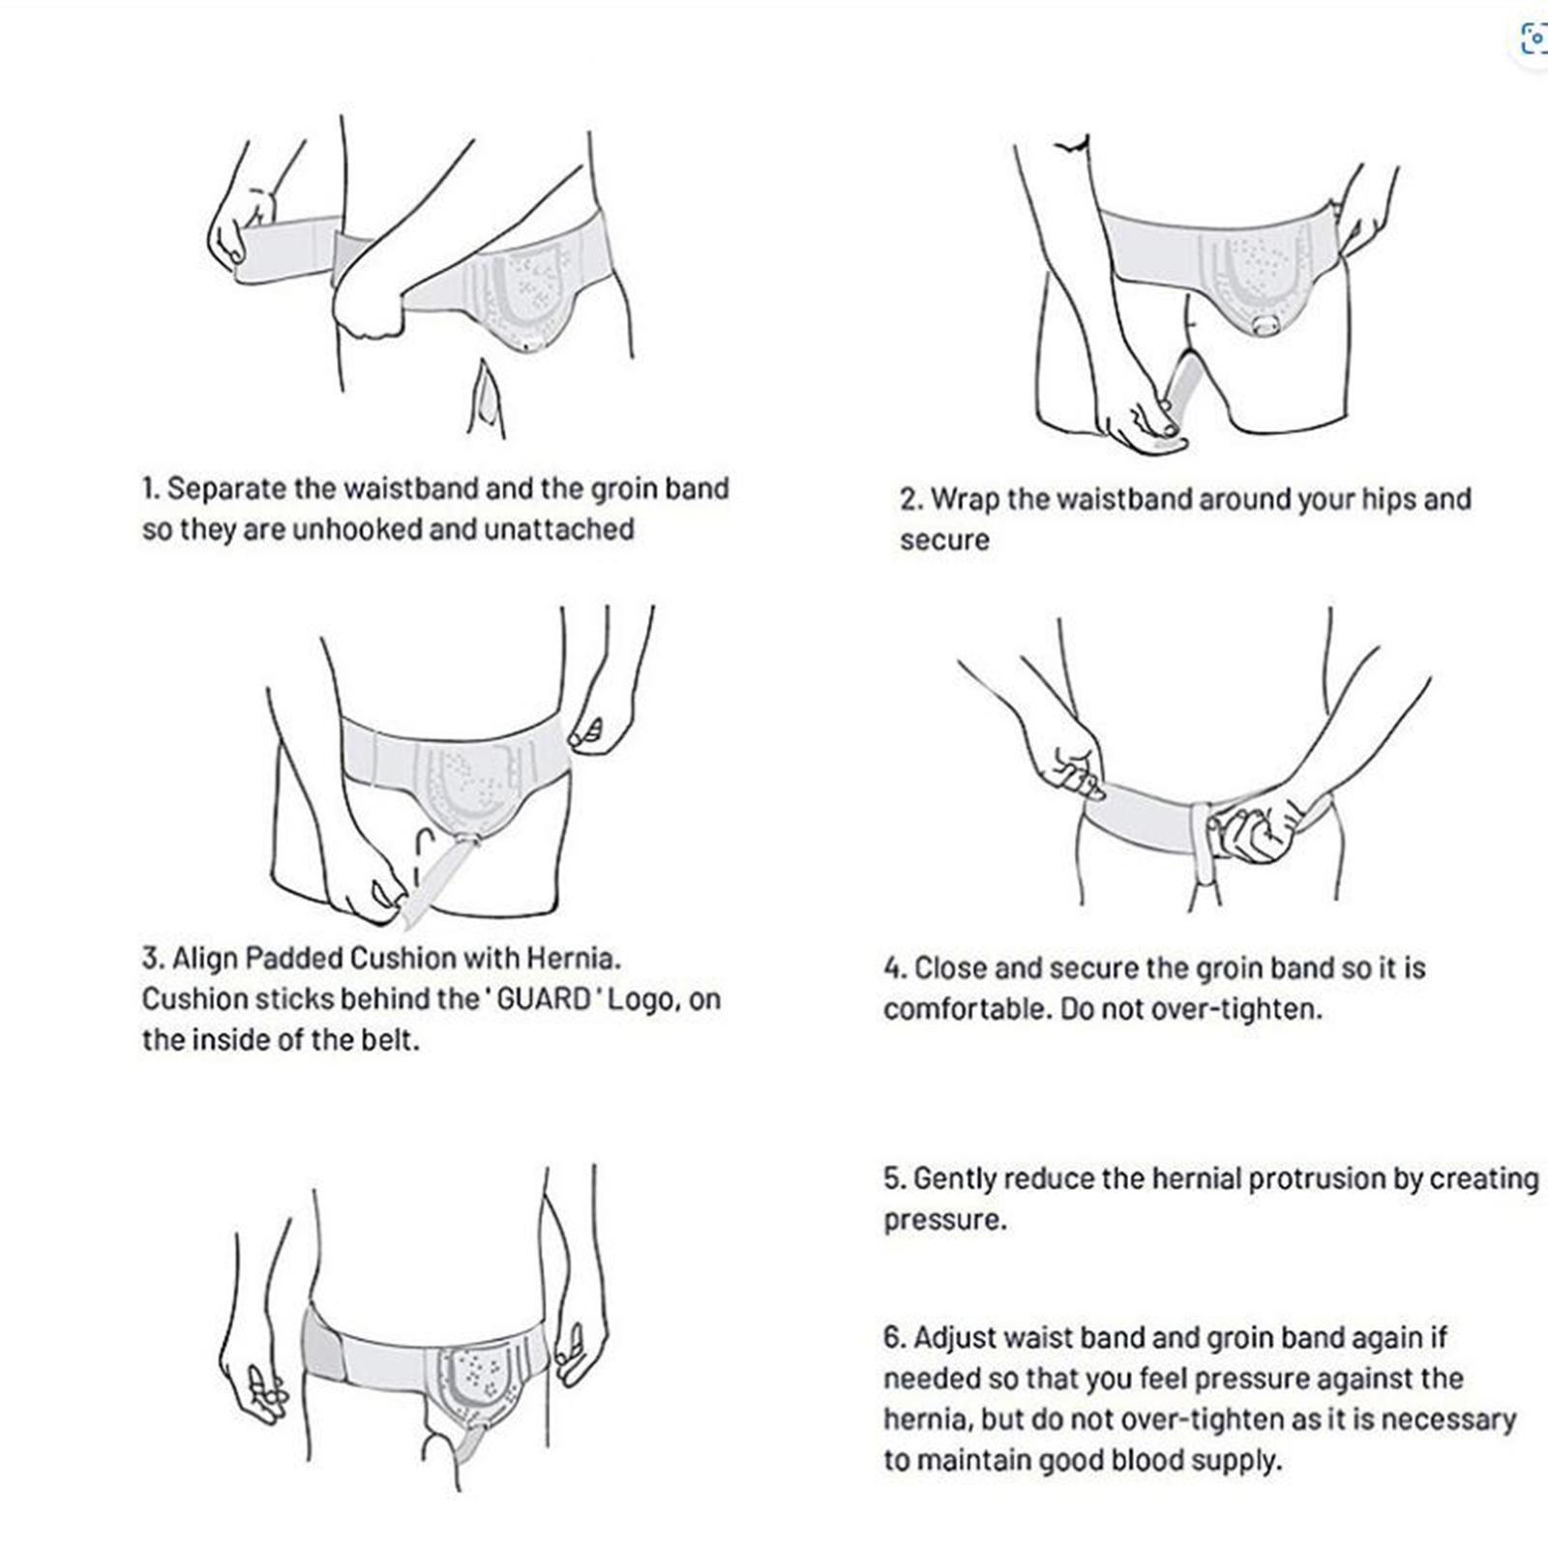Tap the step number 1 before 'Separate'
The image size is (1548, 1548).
click(x=149, y=490)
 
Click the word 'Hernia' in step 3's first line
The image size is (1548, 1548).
click(x=571, y=959)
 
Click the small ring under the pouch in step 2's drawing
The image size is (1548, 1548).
click(x=1263, y=326)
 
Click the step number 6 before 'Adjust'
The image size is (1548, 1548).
click(x=892, y=1338)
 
